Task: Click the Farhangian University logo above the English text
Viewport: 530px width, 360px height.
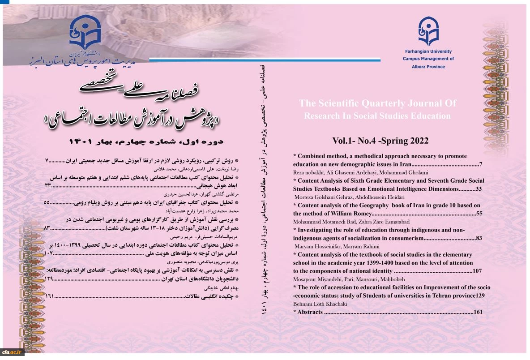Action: pos(428,30)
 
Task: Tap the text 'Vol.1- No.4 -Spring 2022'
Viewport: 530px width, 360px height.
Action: pos(380,141)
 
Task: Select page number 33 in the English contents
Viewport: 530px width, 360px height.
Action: pos(479,189)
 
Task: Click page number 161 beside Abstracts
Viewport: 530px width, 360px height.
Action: pos(477,312)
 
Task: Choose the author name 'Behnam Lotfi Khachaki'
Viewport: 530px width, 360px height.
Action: pos(320,304)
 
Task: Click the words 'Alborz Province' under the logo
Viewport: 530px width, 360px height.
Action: pos(428,66)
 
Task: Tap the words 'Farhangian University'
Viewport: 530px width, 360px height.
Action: pos(428,51)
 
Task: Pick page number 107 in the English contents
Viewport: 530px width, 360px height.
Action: pos(477,271)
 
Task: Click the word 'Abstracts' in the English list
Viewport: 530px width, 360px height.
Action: pos(310,312)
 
